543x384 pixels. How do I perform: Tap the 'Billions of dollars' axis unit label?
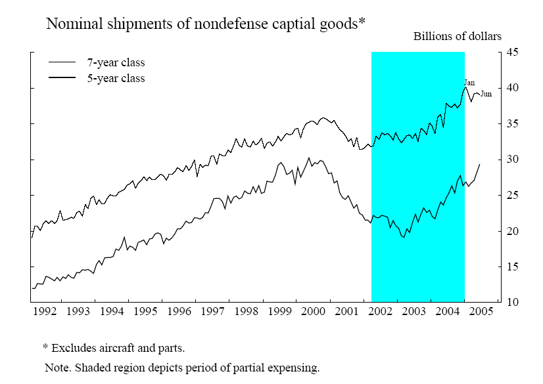pyautogui.click(x=457, y=36)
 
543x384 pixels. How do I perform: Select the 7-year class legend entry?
pyautogui.click(x=116, y=63)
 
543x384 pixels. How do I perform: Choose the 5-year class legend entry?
pyautogui.click(x=116, y=78)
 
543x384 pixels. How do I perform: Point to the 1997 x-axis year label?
pyautogui.click(x=213, y=310)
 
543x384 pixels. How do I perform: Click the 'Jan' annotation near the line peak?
pyautogui.click(x=469, y=83)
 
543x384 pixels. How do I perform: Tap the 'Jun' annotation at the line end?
pyautogui.click(x=486, y=94)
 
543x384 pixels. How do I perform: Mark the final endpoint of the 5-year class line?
pyautogui.click(x=479, y=164)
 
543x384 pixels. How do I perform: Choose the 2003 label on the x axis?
pyautogui.click(x=414, y=310)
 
